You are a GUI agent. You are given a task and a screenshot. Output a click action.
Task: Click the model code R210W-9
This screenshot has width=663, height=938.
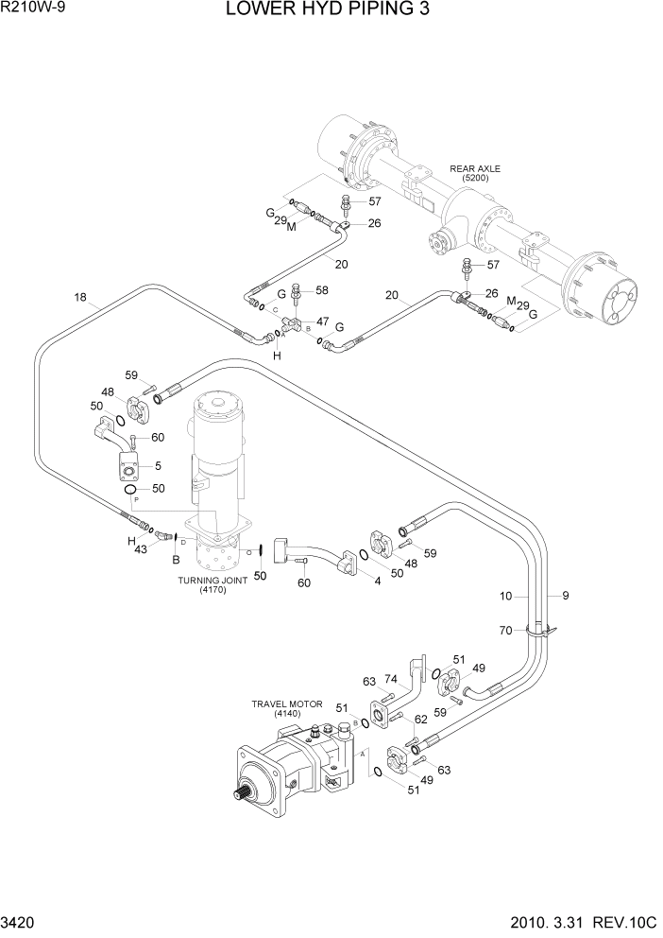coord(32,9)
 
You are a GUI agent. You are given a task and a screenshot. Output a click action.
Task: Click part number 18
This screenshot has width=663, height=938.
coord(80,298)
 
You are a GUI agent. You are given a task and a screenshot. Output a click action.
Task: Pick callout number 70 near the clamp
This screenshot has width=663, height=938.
coord(506,630)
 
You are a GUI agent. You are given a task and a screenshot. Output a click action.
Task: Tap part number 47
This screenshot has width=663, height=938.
coord(323,321)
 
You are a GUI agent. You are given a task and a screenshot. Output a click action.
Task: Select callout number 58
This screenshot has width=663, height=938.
coord(322,289)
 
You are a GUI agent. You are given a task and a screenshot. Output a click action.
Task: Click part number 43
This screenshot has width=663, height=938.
coord(141,549)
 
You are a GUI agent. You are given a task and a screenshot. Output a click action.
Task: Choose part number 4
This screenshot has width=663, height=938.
coord(377,581)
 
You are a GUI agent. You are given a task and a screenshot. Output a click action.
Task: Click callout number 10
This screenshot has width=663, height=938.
coord(506,596)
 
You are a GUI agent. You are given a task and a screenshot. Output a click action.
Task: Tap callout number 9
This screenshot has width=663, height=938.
coord(565,596)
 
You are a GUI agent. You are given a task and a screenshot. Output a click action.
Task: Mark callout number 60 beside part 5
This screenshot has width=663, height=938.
coord(157,437)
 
